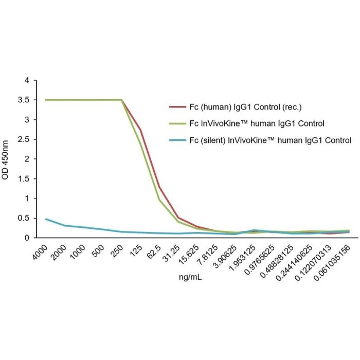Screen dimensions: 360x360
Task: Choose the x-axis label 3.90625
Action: click(x=227, y=255)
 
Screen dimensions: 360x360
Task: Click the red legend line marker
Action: click(x=176, y=107)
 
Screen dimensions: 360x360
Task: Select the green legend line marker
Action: click(x=176, y=123)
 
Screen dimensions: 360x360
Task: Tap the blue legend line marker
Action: click(x=176, y=139)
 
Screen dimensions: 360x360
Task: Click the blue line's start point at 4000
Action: click(x=46, y=219)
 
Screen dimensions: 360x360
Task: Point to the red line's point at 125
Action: click(x=140, y=130)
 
